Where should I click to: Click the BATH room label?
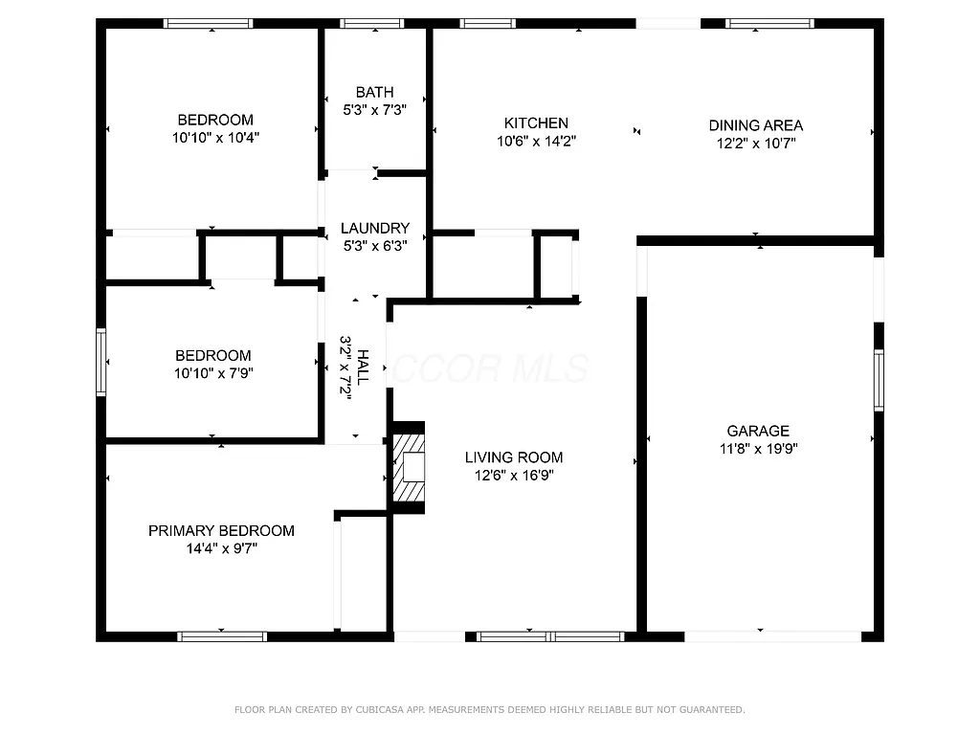tap(374, 92)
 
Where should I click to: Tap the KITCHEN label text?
tap(536, 123)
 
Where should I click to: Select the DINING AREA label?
tap(755, 125)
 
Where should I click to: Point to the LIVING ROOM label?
tap(514, 457)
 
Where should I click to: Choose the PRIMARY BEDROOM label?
tap(221, 530)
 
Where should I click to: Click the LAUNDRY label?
tap(375, 228)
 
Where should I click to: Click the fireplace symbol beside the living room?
tap(409, 467)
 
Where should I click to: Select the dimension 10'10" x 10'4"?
tap(215, 138)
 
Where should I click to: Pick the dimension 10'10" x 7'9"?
tap(213, 372)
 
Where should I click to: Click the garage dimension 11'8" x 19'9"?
tap(757, 448)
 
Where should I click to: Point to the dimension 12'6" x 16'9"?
tap(514, 475)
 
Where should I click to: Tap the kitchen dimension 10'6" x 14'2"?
tap(536, 141)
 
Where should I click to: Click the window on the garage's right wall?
tap(879, 380)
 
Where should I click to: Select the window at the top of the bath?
tap(372, 24)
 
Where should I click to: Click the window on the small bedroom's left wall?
tap(100, 361)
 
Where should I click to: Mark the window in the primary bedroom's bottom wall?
tap(222, 635)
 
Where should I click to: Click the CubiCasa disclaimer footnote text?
tap(489, 710)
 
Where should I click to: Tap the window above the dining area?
tap(769, 24)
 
